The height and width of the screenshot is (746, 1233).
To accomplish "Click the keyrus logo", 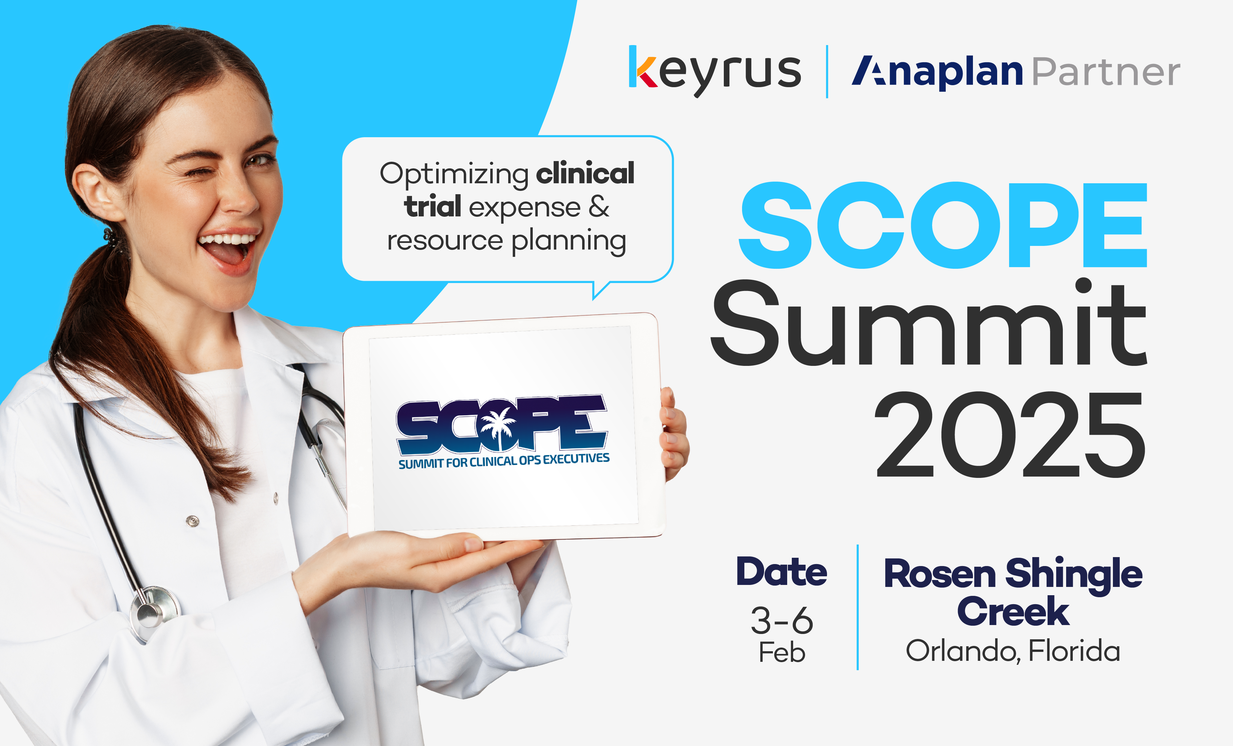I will (715, 72).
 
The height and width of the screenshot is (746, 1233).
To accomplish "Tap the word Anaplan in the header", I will (937, 73).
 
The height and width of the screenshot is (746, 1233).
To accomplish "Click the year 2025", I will (1010, 434).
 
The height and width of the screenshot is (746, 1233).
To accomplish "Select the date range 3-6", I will (782, 620).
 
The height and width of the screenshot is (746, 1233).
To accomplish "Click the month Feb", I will (782, 653).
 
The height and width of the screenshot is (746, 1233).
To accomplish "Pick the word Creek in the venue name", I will (1013, 611).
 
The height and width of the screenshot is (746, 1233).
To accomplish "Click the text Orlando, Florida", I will (1013, 651).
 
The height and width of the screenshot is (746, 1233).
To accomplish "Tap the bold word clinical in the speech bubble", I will (585, 174).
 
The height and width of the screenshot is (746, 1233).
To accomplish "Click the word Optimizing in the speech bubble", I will (454, 175).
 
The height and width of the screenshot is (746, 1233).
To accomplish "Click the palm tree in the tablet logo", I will (497, 428).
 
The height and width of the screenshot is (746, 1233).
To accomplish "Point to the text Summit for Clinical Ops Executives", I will (504, 461).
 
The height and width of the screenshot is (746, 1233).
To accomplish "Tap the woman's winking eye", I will (196, 173).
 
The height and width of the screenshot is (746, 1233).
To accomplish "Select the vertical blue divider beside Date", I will (858, 607).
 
